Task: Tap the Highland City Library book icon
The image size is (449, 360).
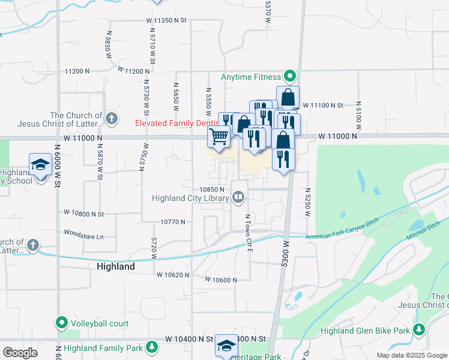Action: pyautogui.click(x=238, y=197)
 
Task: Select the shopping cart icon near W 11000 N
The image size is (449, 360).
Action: pyautogui.click(x=219, y=136)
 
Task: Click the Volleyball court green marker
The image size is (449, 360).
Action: pyautogui.click(x=61, y=323)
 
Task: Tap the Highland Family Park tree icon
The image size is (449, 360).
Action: pyautogui.click(x=152, y=347)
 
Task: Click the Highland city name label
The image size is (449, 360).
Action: pyautogui.click(x=115, y=266)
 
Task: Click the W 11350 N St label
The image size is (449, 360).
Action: pyautogui.click(x=166, y=20)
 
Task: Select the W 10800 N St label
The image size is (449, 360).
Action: pyautogui.click(x=84, y=213)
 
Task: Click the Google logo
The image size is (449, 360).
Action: pyautogui.click(x=20, y=353)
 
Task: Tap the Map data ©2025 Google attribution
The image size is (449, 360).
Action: pyautogui.click(x=411, y=355)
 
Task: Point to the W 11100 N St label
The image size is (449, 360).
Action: pyautogui.click(x=322, y=105)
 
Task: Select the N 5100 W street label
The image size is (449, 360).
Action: pyautogui.click(x=358, y=115)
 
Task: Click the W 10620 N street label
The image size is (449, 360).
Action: pyautogui.click(x=173, y=275)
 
